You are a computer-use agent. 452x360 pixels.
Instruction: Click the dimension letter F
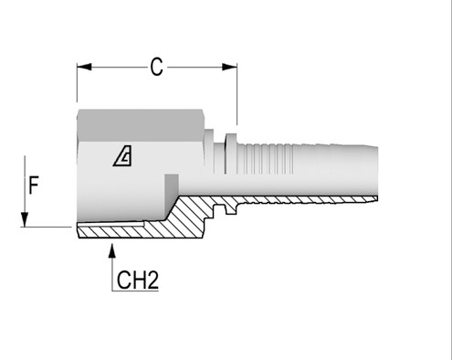pyautogui.click(x=33, y=185)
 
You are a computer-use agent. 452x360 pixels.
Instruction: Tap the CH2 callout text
pyautogui.click(x=137, y=280)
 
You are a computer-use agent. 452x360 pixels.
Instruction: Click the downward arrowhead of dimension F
pyautogui.click(x=26, y=219)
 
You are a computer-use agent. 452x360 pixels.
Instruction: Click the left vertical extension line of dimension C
pyautogui.click(x=77, y=87)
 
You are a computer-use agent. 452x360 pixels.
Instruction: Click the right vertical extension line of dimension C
pyautogui.click(x=236, y=91)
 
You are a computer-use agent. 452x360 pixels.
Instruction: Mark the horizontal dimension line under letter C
pyautogui.click(x=119, y=66)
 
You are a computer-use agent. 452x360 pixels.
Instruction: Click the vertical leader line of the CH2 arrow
pyautogui.click(x=111, y=270)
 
